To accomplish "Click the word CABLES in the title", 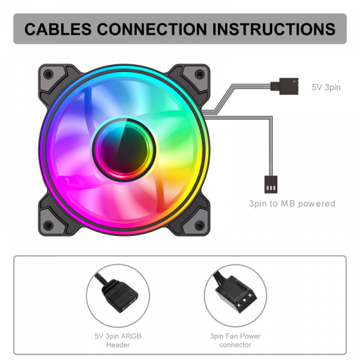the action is pyautogui.click(x=58, y=29).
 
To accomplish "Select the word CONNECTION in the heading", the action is pyautogui.click(x=152, y=29).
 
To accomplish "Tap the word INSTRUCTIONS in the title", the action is pyautogui.click(x=274, y=29).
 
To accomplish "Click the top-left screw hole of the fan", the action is pyautogui.click(x=49, y=74).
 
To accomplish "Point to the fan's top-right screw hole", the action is pyautogui.click(x=199, y=74).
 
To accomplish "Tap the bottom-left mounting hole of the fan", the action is pyautogui.click(x=49, y=225).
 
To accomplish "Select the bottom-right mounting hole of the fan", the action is pyautogui.click(x=199, y=225).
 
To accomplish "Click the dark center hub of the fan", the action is pyautogui.click(x=124, y=149).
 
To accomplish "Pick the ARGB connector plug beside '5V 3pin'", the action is pyautogui.click(x=284, y=86).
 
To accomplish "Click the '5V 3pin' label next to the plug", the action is pyautogui.click(x=326, y=87).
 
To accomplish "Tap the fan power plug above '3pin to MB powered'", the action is pyautogui.click(x=271, y=184).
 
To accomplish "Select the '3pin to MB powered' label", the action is pyautogui.click(x=292, y=203).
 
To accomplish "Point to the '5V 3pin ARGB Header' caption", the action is pyautogui.click(x=118, y=340).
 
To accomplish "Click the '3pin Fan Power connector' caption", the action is pyautogui.click(x=235, y=340).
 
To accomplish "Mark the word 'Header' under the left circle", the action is pyautogui.click(x=118, y=345).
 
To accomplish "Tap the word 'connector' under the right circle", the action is pyautogui.click(x=235, y=345).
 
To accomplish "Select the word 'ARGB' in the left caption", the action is pyautogui.click(x=131, y=336).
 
